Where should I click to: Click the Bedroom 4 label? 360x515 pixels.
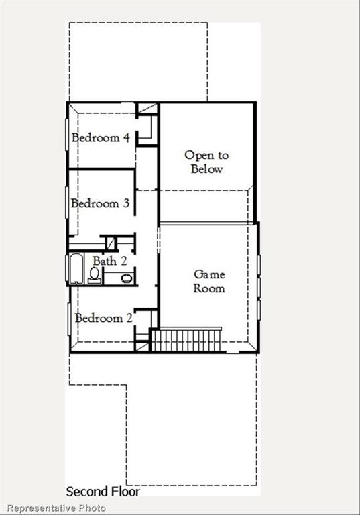point(101,138)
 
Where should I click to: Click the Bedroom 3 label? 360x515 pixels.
point(100,203)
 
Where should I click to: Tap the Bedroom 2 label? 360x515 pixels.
point(103,318)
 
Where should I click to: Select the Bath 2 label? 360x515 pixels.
point(109,260)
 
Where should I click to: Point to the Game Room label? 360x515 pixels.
point(209,281)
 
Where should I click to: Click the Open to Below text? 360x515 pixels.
point(206,162)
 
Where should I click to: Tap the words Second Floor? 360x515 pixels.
point(103,492)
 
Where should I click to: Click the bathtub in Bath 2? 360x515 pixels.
point(75,270)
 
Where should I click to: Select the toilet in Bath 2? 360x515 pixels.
point(95,274)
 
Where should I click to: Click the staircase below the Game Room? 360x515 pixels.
point(187,339)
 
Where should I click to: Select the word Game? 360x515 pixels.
point(209,274)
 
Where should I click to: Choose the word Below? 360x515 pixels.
point(206,169)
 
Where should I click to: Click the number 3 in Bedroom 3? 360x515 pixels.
point(125,203)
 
